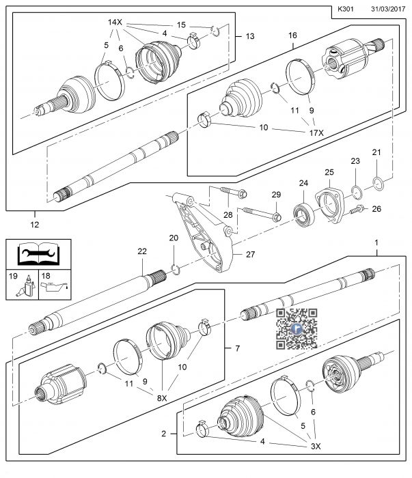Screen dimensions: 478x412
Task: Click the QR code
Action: point(297,328)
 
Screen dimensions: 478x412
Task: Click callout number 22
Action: point(142,252)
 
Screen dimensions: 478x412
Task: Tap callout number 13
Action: point(249,36)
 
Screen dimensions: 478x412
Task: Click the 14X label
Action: point(114,23)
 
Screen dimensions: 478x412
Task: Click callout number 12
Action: point(35,223)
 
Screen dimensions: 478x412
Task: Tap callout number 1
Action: point(375,243)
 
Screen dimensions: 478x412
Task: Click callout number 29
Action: point(275,195)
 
